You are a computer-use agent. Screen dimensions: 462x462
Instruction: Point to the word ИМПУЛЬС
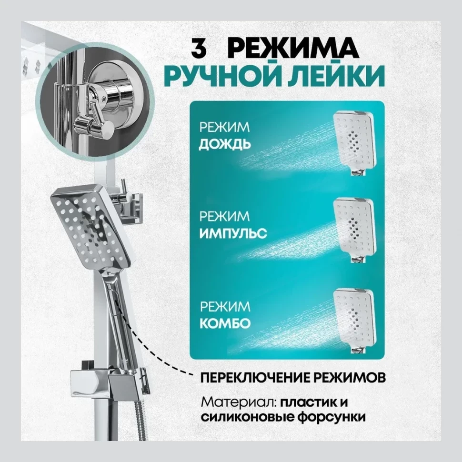(233, 234)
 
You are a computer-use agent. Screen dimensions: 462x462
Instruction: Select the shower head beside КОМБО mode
(357, 317)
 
